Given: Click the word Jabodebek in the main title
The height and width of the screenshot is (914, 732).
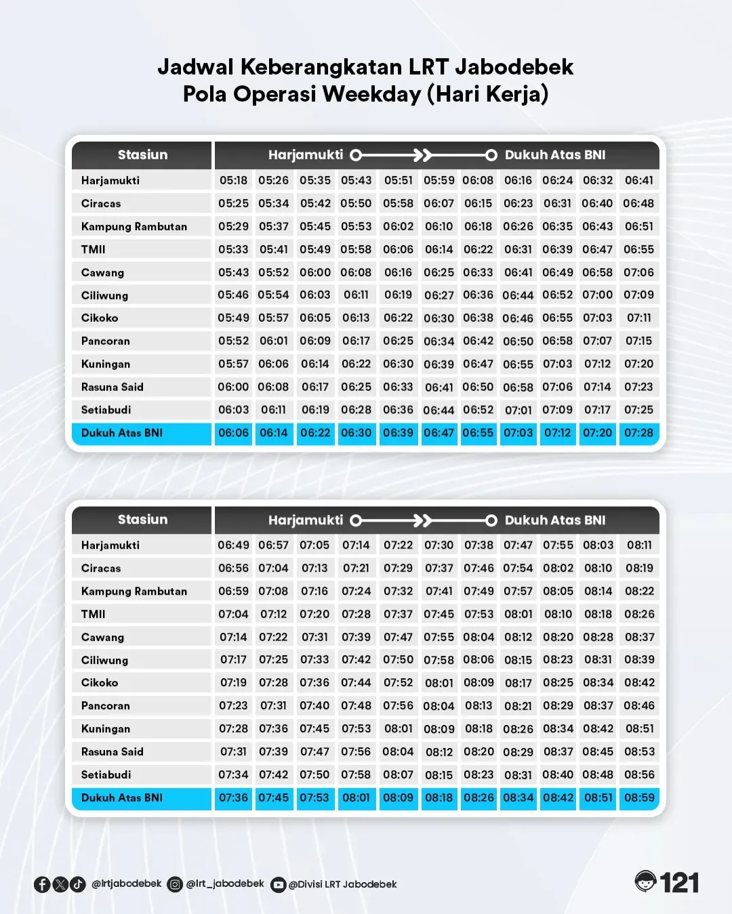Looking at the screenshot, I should (514, 67).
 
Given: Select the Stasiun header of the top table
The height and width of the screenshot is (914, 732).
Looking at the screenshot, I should (142, 154).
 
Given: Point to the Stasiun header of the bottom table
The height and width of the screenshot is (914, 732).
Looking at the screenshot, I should (142, 520).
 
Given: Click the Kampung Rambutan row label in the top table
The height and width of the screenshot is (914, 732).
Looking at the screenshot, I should (134, 226).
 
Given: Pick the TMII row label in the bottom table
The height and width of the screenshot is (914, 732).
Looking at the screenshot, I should (94, 614).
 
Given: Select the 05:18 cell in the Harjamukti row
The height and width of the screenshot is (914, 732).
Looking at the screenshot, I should (233, 180).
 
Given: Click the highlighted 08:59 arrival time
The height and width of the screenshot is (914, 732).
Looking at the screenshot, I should (639, 797).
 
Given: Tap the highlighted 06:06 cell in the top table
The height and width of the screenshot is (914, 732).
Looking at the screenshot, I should (233, 433).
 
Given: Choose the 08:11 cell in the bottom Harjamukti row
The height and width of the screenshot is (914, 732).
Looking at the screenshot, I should (639, 545).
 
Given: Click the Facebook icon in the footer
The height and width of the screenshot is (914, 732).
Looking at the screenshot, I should (42, 884).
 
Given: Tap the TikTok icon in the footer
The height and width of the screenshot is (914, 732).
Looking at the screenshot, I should (78, 884).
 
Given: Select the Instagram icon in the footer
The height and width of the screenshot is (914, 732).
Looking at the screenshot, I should (175, 884).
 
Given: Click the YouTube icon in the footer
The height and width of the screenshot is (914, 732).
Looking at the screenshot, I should (278, 885).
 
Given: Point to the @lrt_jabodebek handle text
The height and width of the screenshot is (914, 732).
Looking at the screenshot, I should (225, 884).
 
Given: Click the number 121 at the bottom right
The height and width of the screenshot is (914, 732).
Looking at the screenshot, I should (679, 883).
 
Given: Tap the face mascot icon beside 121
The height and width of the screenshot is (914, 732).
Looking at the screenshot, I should (646, 881).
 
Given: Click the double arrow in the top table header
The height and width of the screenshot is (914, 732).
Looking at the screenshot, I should (423, 155).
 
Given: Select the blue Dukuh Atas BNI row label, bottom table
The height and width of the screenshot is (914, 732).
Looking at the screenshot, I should (122, 797).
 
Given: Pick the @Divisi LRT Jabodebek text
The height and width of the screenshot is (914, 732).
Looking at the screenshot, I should (342, 884).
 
